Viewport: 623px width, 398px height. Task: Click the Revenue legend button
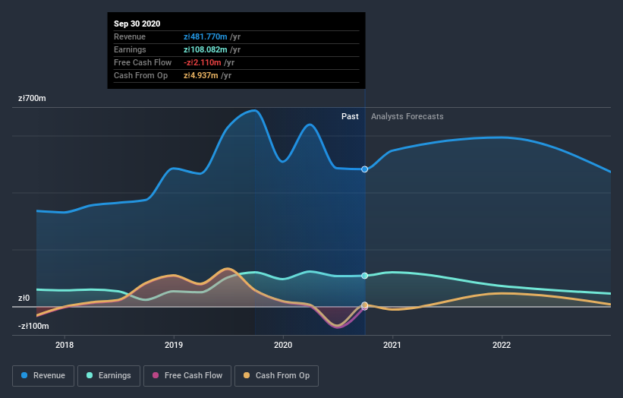pyautogui.click(x=44, y=375)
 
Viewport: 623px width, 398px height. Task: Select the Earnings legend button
pyautogui.click(x=109, y=375)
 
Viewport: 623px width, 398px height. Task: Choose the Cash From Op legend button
pyautogui.click(x=276, y=375)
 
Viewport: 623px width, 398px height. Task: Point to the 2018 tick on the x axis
pyautogui.click(x=65, y=344)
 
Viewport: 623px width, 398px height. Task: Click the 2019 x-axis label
pyautogui.click(x=175, y=344)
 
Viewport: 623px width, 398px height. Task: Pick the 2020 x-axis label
pyautogui.click(x=284, y=344)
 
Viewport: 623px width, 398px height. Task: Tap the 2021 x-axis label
pyautogui.click(x=393, y=344)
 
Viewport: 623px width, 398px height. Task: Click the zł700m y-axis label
pyautogui.click(x=33, y=99)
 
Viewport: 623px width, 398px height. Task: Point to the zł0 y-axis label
pyautogui.click(x=24, y=298)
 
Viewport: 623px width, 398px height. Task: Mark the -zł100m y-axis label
pyautogui.click(x=34, y=327)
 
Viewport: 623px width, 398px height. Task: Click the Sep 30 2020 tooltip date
pyautogui.click(x=137, y=24)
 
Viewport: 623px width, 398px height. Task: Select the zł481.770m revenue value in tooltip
pyautogui.click(x=212, y=36)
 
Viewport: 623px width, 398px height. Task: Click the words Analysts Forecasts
pyautogui.click(x=407, y=116)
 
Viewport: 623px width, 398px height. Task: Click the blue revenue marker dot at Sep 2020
pyautogui.click(x=365, y=169)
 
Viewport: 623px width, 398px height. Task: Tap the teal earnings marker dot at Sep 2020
pyautogui.click(x=365, y=276)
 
